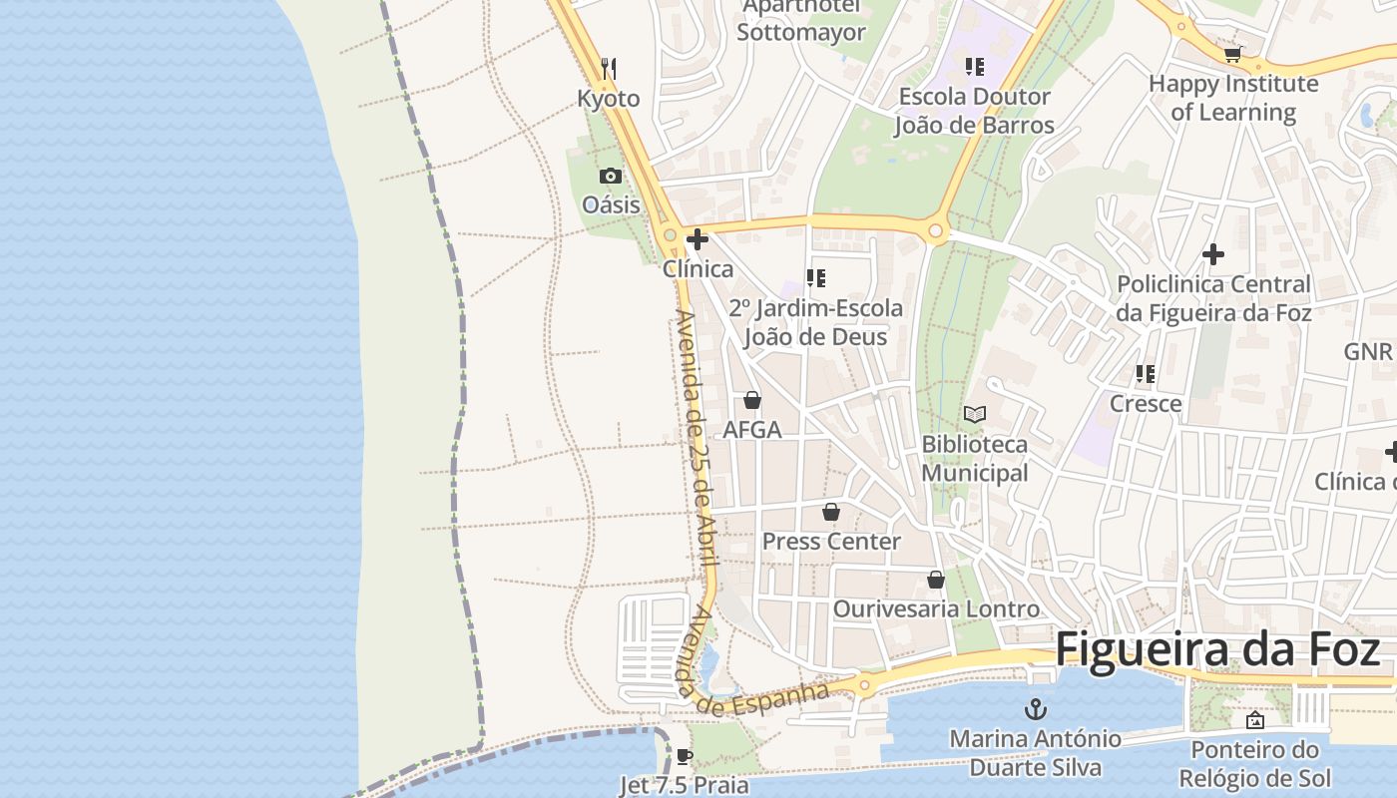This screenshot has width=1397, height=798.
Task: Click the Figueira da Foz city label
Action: pyautogui.click(x=1217, y=649)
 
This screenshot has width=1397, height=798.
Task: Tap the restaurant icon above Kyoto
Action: pyautogui.click(x=609, y=68)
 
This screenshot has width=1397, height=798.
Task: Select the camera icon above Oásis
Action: pyautogui.click(x=611, y=177)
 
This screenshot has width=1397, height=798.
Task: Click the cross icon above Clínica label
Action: pyautogui.click(x=698, y=239)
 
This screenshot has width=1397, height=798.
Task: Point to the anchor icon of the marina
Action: pyautogui.click(x=1036, y=710)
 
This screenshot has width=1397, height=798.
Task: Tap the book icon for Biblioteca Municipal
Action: pyautogui.click(x=975, y=414)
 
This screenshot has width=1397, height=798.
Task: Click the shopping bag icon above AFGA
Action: pyautogui.click(x=752, y=400)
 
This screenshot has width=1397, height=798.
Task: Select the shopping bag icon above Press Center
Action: pyautogui.click(x=831, y=512)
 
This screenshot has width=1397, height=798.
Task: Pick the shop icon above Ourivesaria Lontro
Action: pyautogui.click(x=936, y=580)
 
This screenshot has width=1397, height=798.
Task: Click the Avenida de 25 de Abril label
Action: pyautogui.click(x=697, y=439)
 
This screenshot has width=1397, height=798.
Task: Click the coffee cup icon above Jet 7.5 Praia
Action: pyautogui.click(x=684, y=756)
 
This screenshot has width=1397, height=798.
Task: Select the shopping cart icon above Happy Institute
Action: pyautogui.click(x=1233, y=54)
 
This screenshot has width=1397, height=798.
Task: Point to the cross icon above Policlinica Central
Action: pyautogui.click(x=1213, y=254)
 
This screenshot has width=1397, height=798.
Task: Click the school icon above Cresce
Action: pyautogui.click(x=1146, y=374)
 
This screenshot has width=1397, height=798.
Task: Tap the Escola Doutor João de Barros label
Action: pyautogui.click(x=974, y=111)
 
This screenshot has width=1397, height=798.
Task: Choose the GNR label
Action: pyautogui.click(x=1367, y=351)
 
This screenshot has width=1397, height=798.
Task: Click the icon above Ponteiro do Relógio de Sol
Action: pyautogui.click(x=1255, y=720)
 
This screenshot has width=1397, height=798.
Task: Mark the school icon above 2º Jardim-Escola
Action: pyautogui.click(x=816, y=278)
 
